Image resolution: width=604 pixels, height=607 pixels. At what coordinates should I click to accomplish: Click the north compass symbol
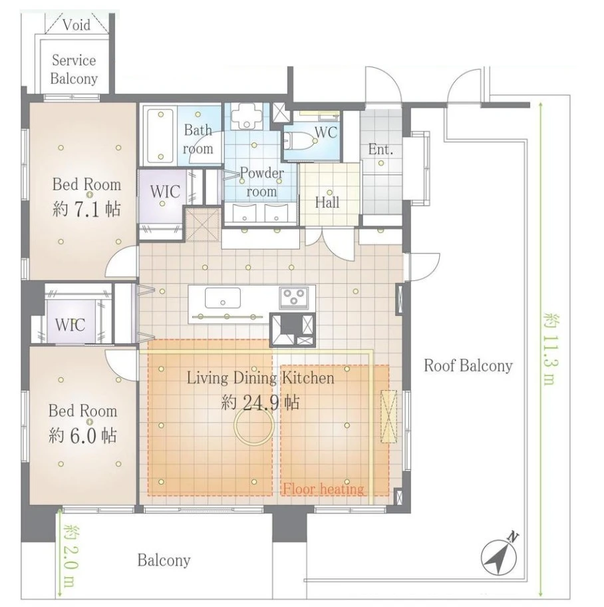click(x=500, y=556)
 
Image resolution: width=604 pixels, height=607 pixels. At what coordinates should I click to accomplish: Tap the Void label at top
click(x=76, y=25)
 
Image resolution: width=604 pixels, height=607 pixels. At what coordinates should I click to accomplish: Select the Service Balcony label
click(x=74, y=69)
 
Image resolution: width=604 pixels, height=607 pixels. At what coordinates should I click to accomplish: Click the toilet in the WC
click(x=301, y=141)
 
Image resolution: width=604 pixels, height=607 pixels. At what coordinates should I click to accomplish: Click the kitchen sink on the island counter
click(x=222, y=298)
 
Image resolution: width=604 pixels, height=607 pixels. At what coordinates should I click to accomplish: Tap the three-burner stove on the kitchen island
click(x=294, y=298)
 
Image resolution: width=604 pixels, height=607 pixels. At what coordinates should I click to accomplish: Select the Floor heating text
click(x=323, y=489)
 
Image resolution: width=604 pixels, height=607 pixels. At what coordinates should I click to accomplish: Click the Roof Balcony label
click(x=468, y=365)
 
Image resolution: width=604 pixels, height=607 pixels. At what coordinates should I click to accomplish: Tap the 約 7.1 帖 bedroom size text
click(x=86, y=209)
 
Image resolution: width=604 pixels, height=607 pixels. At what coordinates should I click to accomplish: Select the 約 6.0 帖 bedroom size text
click(x=82, y=436)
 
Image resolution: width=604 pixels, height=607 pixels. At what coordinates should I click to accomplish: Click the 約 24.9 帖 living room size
click(x=260, y=403)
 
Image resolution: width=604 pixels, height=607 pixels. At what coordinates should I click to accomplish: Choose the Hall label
click(x=327, y=202)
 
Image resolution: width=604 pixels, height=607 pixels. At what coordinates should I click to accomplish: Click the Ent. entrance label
click(x=380, y=150)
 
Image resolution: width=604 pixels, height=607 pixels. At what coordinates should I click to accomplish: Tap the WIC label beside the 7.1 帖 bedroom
click(x=165, y=192)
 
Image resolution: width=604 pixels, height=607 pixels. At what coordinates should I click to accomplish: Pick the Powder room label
click(x=261, y=182)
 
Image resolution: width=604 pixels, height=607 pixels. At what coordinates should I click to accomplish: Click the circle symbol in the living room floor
click(x=254, y=425)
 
